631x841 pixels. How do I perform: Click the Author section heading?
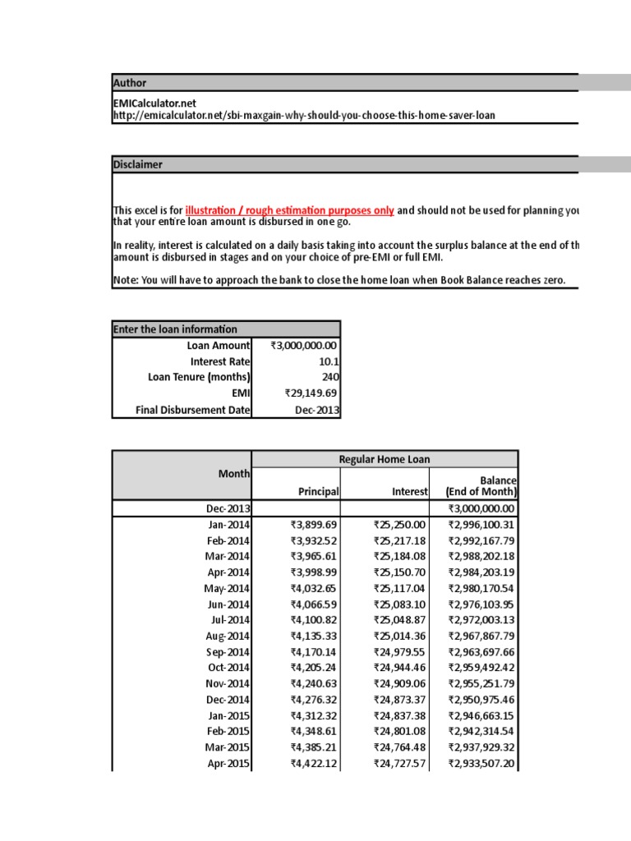tap(130, 83)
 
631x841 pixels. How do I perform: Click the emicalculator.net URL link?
tap(303, 116)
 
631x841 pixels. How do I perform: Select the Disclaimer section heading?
tap(137, 165)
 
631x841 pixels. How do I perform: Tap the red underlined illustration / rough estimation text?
tap(289, 210)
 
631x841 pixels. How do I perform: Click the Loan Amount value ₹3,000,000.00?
tap(304, 346)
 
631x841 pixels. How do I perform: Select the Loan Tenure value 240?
tap(331, 377)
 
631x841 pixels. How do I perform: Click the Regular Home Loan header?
tap(385, 459)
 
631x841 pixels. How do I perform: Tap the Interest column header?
tap(410, 491)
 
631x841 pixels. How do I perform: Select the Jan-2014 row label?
tap(228, 525)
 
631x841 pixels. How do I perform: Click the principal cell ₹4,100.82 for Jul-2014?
tap(315, 620)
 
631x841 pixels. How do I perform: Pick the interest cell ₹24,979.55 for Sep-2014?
tap(399, 652)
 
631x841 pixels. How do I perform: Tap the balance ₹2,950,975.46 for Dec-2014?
tap(481, 700)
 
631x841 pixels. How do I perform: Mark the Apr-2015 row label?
tap(229, 763)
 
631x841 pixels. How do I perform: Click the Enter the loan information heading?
tap(175, 329)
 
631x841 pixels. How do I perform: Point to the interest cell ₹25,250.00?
tap(399, 525)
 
